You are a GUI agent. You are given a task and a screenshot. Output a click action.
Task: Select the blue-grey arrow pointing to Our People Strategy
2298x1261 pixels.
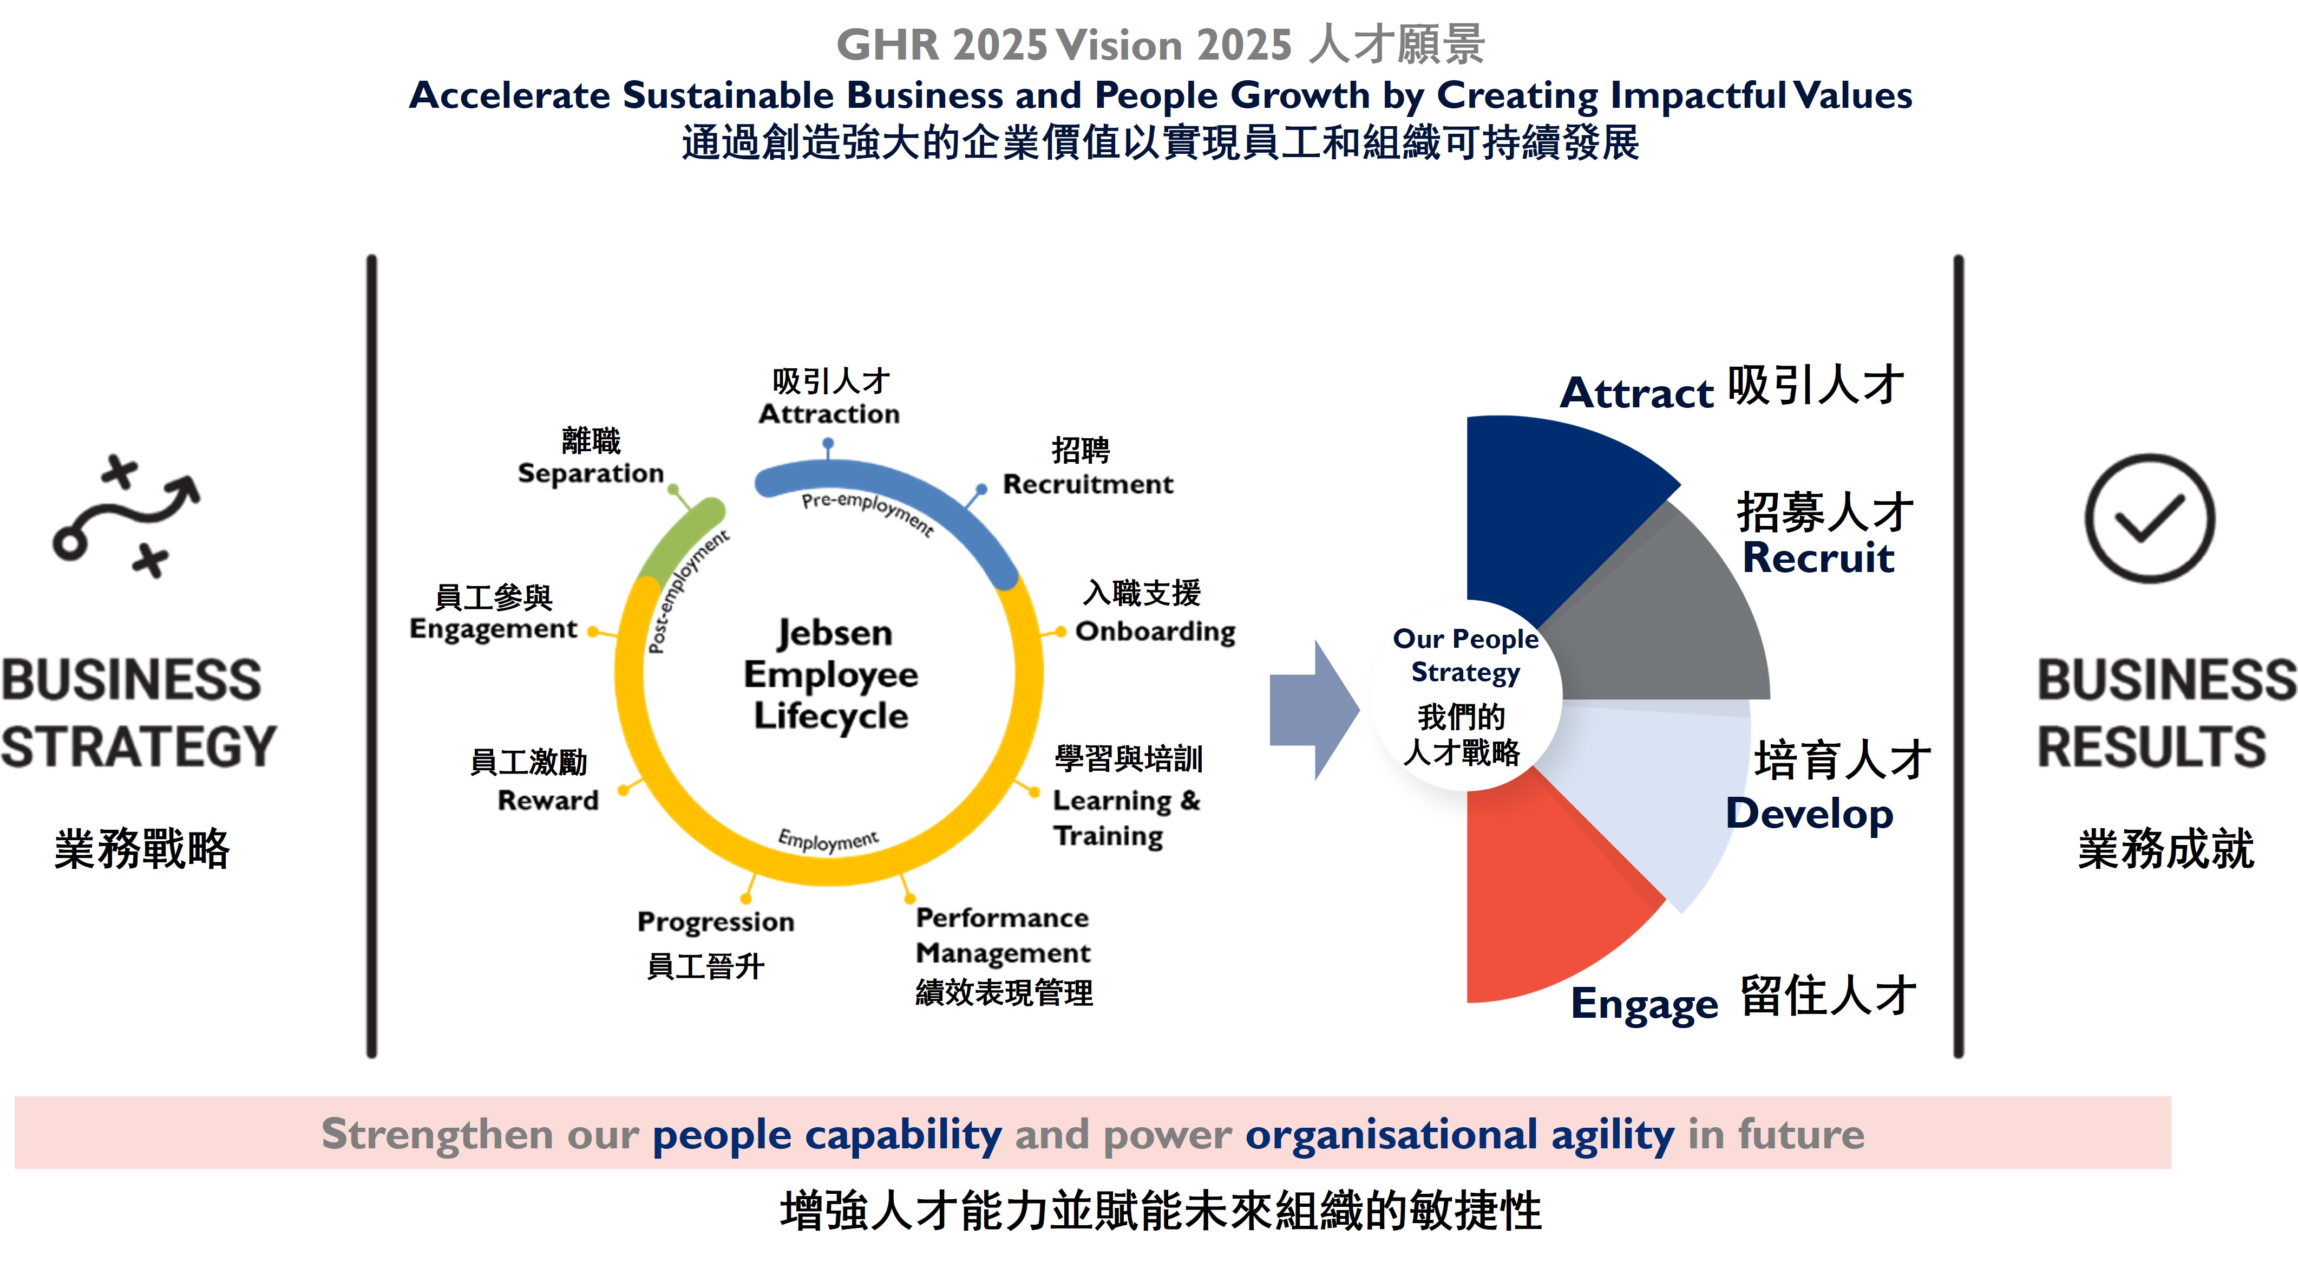point(1314,710)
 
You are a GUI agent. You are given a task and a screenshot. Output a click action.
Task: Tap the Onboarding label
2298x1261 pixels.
point(1155,631)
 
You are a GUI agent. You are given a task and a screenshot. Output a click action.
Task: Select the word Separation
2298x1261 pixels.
point(591,473)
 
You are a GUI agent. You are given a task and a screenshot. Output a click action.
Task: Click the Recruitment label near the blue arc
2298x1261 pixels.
point(1088,484)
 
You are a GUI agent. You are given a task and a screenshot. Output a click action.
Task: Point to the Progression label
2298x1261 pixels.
point(716,921)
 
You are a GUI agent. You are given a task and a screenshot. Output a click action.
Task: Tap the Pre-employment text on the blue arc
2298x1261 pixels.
point(867,513)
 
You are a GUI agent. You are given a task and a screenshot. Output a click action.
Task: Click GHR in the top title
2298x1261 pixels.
point(888,44)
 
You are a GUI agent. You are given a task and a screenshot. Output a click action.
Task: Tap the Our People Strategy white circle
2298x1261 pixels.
point(1466,695)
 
